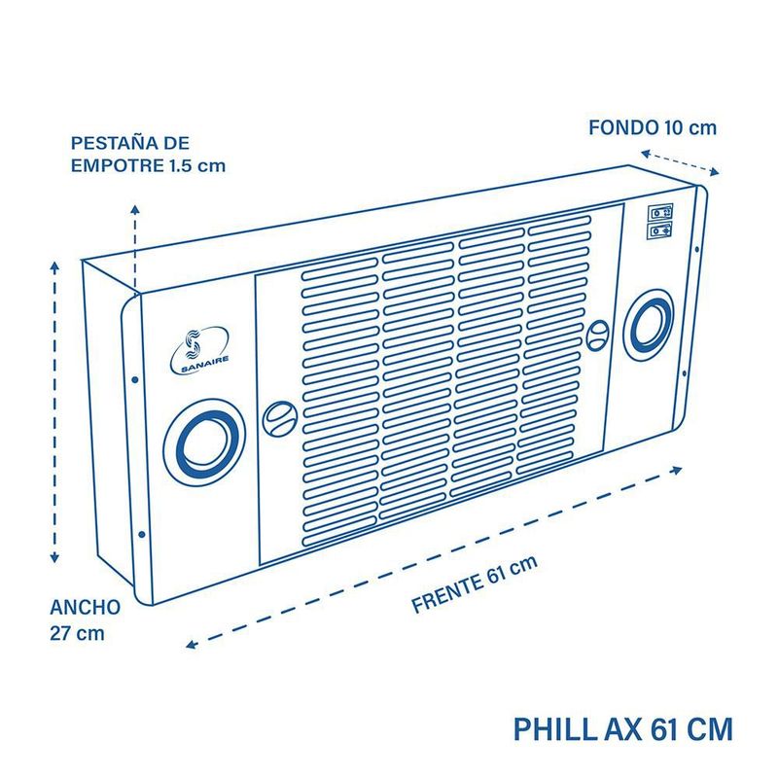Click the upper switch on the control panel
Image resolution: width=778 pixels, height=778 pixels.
661,211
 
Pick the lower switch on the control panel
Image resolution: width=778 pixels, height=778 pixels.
661,230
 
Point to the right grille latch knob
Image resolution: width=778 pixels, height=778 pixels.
599,335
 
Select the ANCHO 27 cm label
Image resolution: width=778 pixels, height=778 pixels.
86,619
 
